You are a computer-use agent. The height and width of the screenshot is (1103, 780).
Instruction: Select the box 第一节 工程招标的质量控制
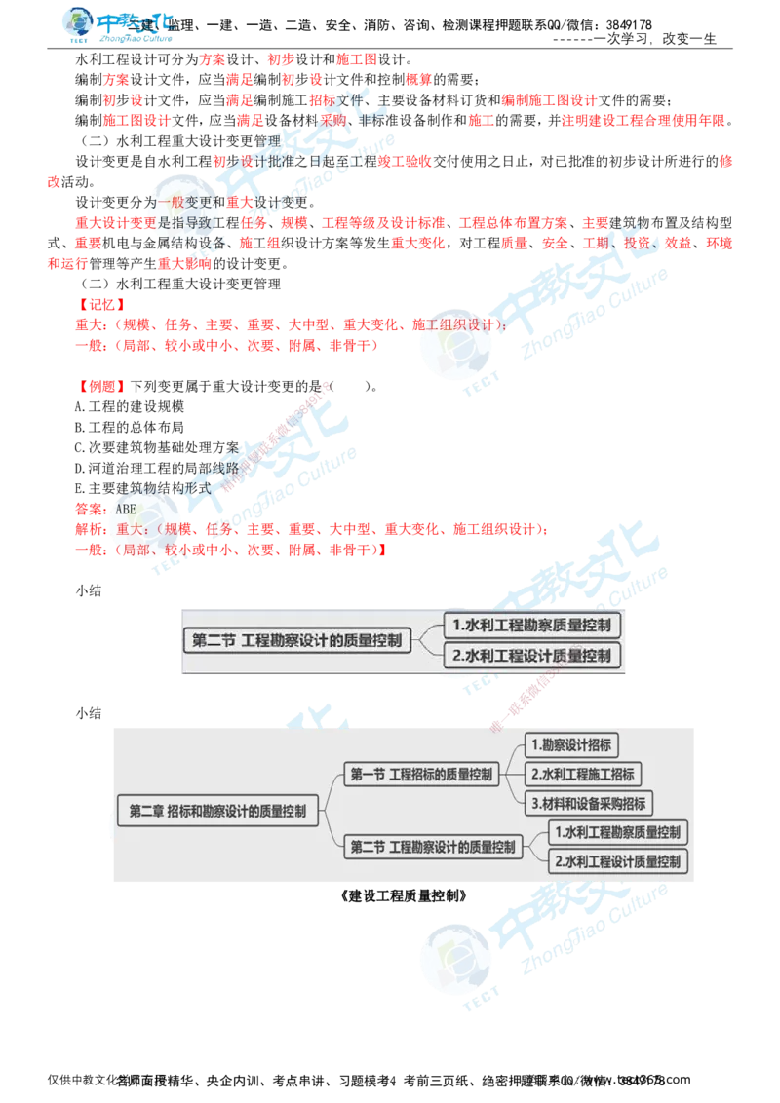pyautogui.click(x=422, y=775)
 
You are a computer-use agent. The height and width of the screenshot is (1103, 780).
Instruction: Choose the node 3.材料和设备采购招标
pyautogui.click(x=589, y=804)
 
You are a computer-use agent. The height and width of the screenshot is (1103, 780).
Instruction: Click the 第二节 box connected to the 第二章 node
pyautogui.click(x=433, y=847)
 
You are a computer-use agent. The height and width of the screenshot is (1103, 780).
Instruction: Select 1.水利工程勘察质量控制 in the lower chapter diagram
pyautogui.click(x=617, y=832)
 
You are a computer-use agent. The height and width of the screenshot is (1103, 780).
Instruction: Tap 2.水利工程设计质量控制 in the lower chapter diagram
pyautogui.click(x=617, y=861)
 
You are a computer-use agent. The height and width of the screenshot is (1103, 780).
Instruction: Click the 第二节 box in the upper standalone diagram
pyautogui.click(x=296, y=640)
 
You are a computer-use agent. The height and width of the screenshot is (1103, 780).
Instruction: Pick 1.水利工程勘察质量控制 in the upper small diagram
pyautogui.click(x=531, y=625)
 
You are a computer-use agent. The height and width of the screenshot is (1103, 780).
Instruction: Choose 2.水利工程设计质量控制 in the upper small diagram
pyautogui.click(x=531, y=656)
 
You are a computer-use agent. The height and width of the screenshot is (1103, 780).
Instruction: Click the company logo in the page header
pyautogui.click(x=117, y=26)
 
